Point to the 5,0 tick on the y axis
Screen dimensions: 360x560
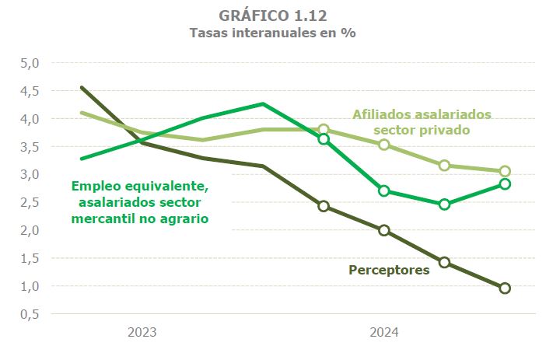pyautogui.click(x=29, y=63)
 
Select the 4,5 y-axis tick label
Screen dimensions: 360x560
pyautogui.click(x=29, y=91)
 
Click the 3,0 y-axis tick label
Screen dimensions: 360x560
pyautogui.click(x=29, y=175)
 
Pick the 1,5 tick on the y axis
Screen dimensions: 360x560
pyautogui.click(x=29, y=258)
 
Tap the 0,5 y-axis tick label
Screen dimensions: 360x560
pyautogui.click(x=29, y=314)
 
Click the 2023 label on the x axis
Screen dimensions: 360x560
pyautogui.click(x=142, y=333)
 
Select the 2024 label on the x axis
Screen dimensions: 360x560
pyautogui.click(x=383, y=333)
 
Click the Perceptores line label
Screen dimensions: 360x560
pyautogui.click(x=389, y=271)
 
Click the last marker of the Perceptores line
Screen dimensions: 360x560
pyautogui.click(x=505, y=288)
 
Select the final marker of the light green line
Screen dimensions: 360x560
pyautogui.click(x=505, y=171)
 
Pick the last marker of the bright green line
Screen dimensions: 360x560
pyautogui.click(x=505, y=184)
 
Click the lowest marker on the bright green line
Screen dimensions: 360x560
pyautogui.click(x=444, y=204)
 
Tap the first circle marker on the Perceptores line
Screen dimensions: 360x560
pyautogui.click(x=324, y=206)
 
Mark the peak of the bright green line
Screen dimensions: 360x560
pyautogui.click(x=263, y=103)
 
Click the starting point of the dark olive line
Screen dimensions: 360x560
pyautogui.click(x=82, y=88)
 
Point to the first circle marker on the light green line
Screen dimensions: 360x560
pyautogui.click(x=324, y=129)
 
